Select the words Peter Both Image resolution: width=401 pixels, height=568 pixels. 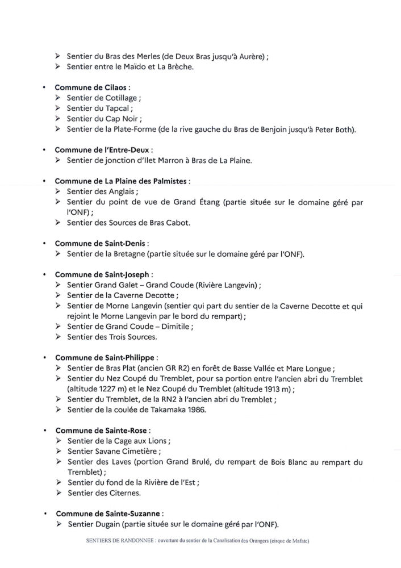pyautogui.click(x=333, y=130)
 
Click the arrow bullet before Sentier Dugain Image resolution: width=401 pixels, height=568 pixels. pyautogui.click(x=59, y=523)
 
